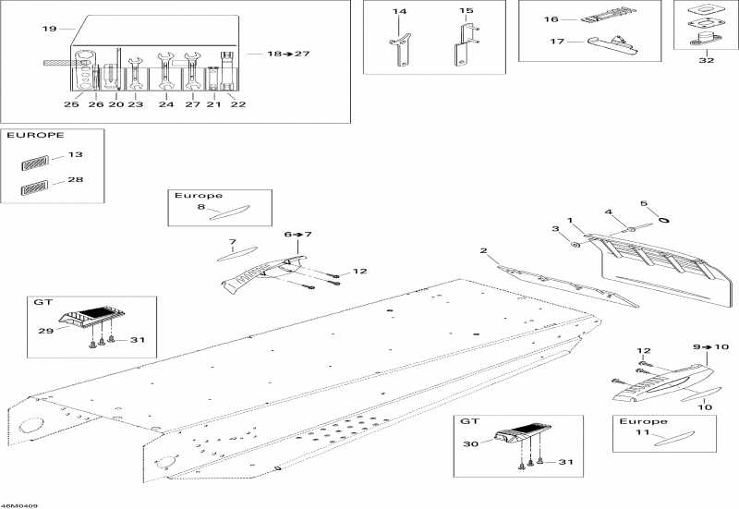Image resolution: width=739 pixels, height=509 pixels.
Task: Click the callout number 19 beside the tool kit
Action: (x=49, y=30)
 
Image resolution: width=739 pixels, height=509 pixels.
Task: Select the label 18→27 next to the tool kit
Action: (x=288, y=54)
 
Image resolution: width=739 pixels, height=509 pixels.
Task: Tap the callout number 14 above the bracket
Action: (x=399, y=11)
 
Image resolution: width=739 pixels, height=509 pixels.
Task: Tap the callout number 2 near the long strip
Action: (x=483, y=250)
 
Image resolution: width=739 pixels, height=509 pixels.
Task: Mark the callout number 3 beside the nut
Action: (x=555, y=228)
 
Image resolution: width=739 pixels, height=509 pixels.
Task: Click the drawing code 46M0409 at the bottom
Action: (x=19, y=504)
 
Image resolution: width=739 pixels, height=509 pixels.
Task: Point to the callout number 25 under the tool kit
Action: (x=71, y=104)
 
